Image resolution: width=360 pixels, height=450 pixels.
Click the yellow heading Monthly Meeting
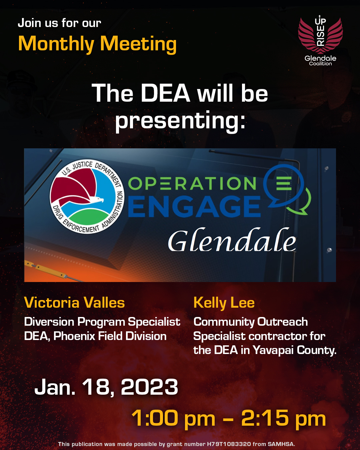[x=97, y=44]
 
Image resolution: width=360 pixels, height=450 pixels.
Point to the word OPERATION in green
[x=192, y=184]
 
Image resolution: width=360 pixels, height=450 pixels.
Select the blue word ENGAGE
[x=194, y=206]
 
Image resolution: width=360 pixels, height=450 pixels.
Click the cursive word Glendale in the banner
[x=232, y=241]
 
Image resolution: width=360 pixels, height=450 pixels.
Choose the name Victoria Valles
[x=74, y=303]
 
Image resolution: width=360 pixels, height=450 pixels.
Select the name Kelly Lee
[x=224, y=303]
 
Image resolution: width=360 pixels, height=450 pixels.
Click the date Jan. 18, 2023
[x=106, y=387]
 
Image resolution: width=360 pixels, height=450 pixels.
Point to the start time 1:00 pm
[x=173, y=418]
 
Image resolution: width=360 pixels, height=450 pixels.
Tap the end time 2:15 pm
[x=283, y=418]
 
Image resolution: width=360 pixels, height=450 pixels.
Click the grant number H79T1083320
[x=229, y=444]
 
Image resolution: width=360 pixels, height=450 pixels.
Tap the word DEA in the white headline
[x=165, y=93]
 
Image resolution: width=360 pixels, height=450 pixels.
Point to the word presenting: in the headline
[x=180, y=120]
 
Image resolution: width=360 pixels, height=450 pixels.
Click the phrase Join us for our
[x=59, y=23]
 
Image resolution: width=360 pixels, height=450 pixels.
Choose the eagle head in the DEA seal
[x=99, y=200]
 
